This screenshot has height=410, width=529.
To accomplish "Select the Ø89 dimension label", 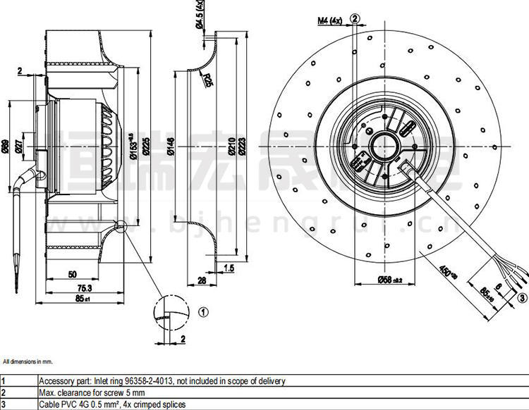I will click(6, 147).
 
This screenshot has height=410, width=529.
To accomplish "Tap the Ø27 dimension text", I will click(19, 147).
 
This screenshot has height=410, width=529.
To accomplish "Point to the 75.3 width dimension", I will click(84, 287).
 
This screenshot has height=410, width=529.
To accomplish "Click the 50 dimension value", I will click(72, 273).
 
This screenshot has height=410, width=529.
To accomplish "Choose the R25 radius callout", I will click(208, 80).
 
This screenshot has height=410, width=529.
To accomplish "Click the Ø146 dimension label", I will click(171, 147).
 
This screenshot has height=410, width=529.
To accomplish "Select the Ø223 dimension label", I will click(243, 147).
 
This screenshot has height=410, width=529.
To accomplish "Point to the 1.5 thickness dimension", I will click(228, 268).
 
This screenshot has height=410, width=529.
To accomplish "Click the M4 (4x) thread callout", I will click(329, 20).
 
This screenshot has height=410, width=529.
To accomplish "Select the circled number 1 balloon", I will click(202, 311).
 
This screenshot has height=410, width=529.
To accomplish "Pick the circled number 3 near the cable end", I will click(522, 299).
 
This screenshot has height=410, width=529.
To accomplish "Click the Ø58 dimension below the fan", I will click(387, 280).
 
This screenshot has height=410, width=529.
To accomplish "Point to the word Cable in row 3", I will click(48, 404).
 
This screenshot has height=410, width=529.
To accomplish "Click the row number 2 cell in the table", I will click(4, 392).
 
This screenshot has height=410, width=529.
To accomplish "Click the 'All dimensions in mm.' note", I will click(28, 361).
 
